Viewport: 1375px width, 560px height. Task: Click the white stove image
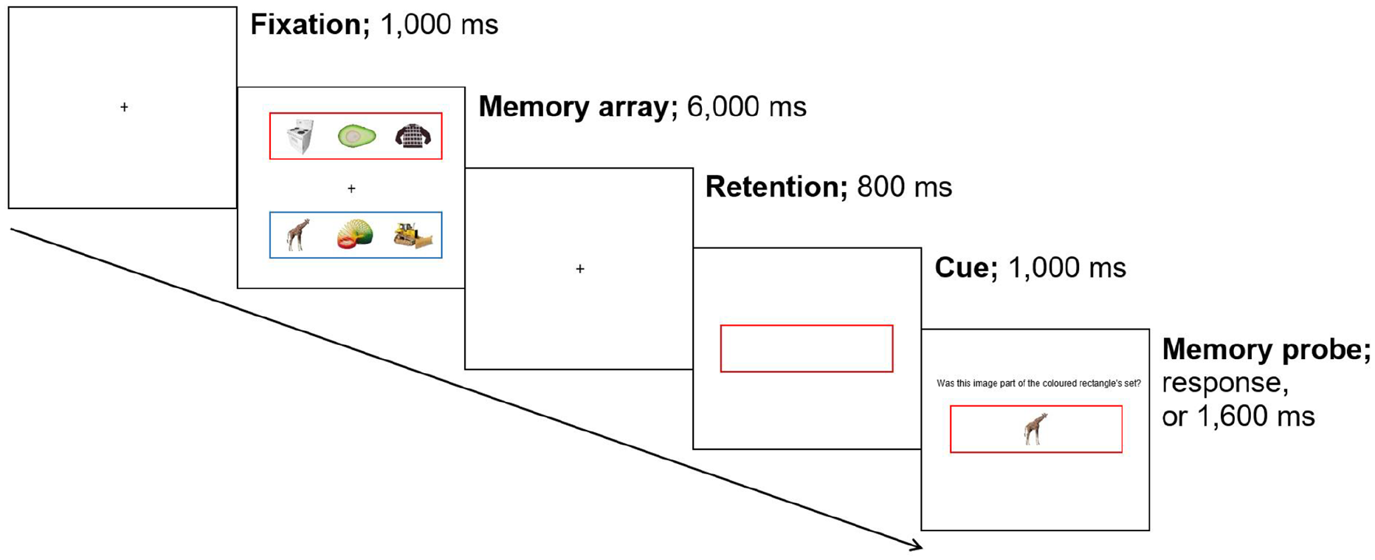coord(300,136)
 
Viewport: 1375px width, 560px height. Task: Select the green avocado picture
coord(356,136)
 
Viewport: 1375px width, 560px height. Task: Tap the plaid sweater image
coord(413,136)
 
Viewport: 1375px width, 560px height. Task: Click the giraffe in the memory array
coord(298,235)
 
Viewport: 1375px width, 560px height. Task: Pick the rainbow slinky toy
coord(355,235)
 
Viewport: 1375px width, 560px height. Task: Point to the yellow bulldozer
coord(413,235)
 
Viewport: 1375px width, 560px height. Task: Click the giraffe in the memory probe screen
coord(1036,428)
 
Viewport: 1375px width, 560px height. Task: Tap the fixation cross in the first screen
coord(124,107)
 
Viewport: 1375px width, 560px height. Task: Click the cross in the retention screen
coord(580,269)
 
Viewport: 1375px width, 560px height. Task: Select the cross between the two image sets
coord(351,189)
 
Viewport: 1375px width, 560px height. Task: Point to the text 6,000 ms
coord(747,107)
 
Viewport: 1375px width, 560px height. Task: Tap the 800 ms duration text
coord(904,187)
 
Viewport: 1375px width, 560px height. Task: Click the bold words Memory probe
coord(1267,349)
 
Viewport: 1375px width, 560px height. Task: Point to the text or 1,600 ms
coord(1238,417)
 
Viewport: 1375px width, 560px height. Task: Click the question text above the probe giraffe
coord(1038,383)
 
